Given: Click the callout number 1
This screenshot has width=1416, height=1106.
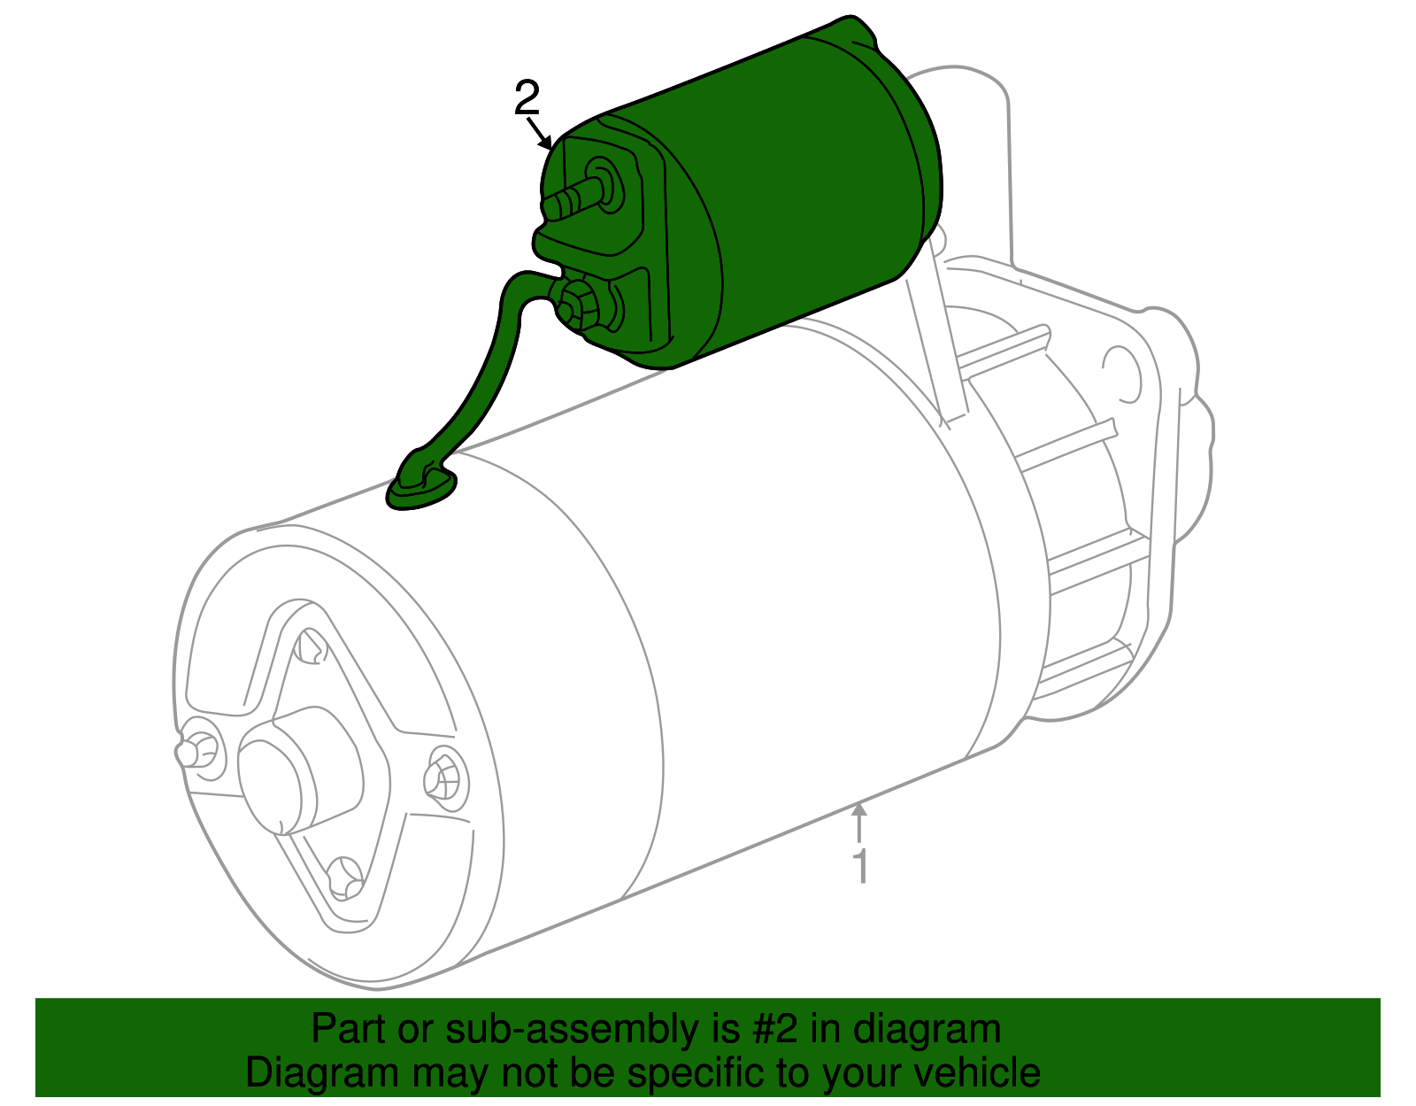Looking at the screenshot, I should click(x=860, y=865).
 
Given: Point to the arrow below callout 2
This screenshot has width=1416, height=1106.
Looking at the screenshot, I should click(x=540, y=134).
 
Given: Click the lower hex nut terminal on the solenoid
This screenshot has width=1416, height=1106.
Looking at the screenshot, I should click(x=580, y=303).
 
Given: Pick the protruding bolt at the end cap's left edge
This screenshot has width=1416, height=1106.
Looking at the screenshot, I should click(x=190, y=750).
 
